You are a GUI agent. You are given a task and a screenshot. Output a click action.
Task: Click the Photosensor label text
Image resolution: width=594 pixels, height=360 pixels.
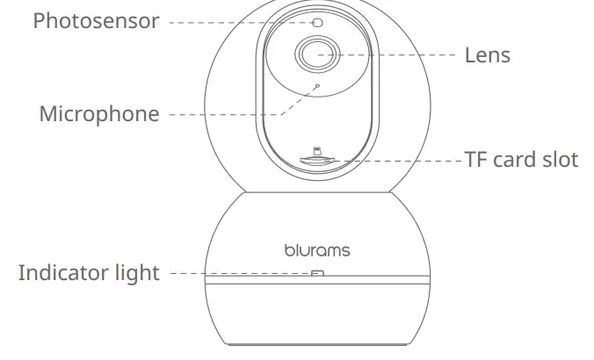tap(96, 21)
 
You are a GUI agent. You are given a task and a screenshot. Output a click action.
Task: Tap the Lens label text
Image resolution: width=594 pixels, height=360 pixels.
tap(487, 55)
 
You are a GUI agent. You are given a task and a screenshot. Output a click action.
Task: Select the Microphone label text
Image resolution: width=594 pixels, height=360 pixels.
tap(99, 114)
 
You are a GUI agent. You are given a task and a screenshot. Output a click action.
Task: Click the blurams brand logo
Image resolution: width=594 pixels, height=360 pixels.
tap(317, 250)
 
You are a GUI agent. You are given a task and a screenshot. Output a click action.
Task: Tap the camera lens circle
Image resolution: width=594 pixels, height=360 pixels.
tap(317, 55)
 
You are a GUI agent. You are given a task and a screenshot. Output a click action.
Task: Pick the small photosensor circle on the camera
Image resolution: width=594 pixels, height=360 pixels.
tap(317, 22)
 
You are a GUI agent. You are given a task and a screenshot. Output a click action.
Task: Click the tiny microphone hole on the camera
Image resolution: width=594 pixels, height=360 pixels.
tap(317, 86)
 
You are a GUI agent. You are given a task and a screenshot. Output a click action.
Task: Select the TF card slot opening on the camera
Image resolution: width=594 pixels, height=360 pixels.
tap(317, 161)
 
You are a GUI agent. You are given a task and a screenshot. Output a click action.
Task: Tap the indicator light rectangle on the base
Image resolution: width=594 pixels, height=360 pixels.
tap(317, 273)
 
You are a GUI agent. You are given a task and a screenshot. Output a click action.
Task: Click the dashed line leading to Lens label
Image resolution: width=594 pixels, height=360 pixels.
tap(395, 54)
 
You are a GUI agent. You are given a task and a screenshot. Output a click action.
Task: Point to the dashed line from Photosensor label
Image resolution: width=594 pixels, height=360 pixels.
tap(237, 22)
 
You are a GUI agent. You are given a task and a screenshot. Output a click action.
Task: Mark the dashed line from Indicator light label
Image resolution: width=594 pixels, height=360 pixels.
tap(237, 273)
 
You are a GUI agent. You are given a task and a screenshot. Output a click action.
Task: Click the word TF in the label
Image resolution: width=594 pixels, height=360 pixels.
tap(475, 160)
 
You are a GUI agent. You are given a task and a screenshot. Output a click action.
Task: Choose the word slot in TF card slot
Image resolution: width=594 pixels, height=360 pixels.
tap(561, 160)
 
